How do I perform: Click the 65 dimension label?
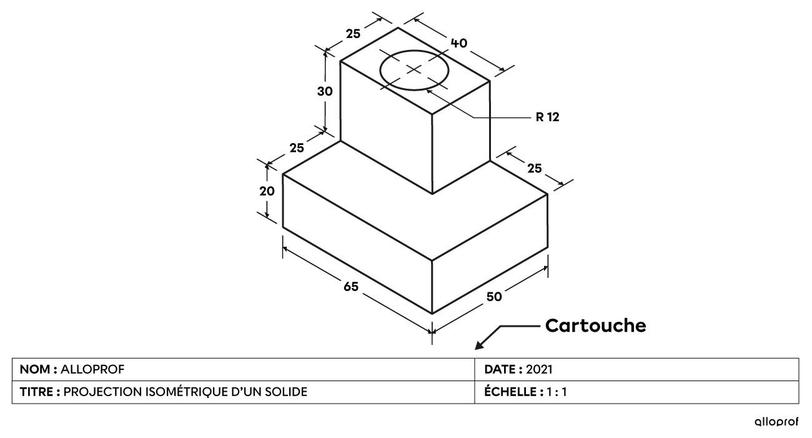(x=351, y=287)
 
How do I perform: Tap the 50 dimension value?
(x=493, y=297)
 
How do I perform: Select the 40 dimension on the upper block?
(x=459, y=43)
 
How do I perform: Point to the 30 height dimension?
(x=325, y=91)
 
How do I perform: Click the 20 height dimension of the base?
(x=267, y=191)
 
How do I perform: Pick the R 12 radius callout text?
(x=547, y=117)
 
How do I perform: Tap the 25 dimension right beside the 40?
(x=353, y=34)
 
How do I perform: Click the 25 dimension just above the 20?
(x=297, y=148)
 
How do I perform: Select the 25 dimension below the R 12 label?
(x=534, y=168)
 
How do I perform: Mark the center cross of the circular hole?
(x=414, y=69)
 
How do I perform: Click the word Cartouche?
(x=596, y=326)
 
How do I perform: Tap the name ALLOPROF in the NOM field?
(x=92, y=369)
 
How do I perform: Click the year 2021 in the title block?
(x=539, y=369)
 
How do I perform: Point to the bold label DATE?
(x=500, y=369)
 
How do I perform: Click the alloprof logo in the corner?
(x=776, y=422)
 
